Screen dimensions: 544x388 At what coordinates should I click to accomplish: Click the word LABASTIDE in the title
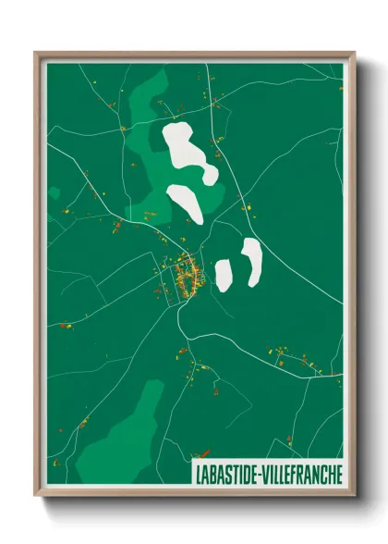tap(224, 474)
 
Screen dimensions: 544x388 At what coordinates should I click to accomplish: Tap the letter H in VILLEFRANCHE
tap(330, 474)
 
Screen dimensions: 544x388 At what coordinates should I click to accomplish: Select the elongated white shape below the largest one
tap(185, 204)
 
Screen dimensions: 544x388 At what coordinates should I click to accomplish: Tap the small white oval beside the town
tap(224, 272)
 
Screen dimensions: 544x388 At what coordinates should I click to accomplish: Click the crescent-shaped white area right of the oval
tap(251, 260)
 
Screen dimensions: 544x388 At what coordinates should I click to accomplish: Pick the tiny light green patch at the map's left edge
tap(54, 194)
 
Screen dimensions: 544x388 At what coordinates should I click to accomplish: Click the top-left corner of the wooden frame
tap(36, 54)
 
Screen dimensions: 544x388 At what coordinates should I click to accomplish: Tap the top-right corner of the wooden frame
tap(355, 54)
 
